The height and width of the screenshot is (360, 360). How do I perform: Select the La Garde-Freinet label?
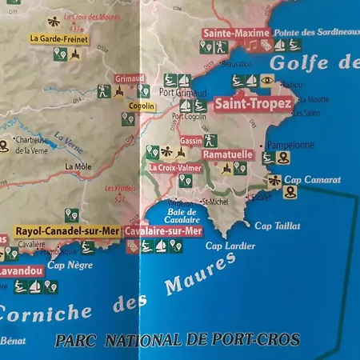(58, 38)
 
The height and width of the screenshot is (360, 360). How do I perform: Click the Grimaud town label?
(129, 79)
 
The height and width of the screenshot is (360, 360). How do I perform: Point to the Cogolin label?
(141, 106)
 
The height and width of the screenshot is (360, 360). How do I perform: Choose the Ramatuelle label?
(228, 154)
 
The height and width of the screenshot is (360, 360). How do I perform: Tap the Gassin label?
(191, 140)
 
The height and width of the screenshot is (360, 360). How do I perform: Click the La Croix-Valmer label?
(175, 168)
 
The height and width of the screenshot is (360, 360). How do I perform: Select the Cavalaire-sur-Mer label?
(163, 230)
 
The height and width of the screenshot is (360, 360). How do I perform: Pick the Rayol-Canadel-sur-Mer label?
(67, 231)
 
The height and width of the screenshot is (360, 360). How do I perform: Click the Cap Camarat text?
(312, 180)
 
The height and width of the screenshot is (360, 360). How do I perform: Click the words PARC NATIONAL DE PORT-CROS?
(177, 339)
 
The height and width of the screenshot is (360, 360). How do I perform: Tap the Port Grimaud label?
(178, 91)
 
